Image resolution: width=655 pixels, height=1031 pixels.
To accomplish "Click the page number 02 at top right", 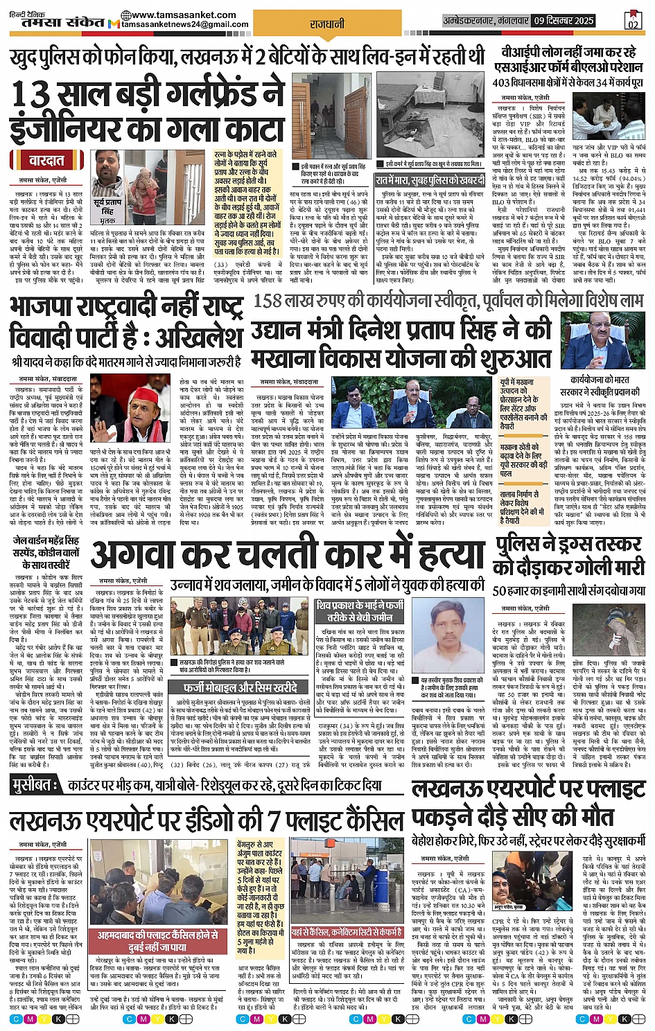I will pos(632,22).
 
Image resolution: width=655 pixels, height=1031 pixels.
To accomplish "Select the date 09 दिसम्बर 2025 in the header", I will pos(564,21).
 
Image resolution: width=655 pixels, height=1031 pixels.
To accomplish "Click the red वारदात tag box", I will pos(47,161).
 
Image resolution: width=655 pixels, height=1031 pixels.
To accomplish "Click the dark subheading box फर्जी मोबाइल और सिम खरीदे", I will pos(240,687).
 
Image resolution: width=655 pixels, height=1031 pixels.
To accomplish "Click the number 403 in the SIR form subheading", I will pos(503,82).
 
